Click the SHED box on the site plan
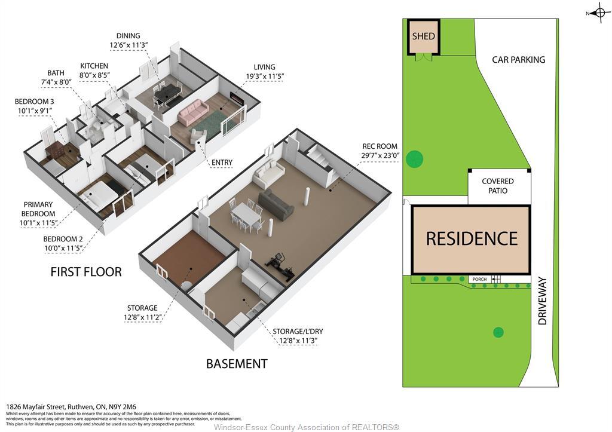pyautogui.click(x=423, y=37)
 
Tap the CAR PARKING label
pyautogui.click(x=518, y=60)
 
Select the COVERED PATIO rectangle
pyautogui.click(x=498, y=186)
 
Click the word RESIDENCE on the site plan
pyautogui.click(x=472, y=238)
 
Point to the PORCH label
pyautogui.click(x=479, y=279)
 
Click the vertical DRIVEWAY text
pyautogui.click(x=543, y=301)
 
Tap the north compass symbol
pyautogui.click(x=600, y=13)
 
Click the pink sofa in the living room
pyautogui.click(x=192, y=112)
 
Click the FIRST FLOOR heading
pyautogui.click(x=86, y=272)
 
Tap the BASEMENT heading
pyautogui.click(x=237, y=363)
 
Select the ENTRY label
pyautogui.click(x=221, y=163)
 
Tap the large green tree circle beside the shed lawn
pyautogui.click(x=414, y=159)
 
